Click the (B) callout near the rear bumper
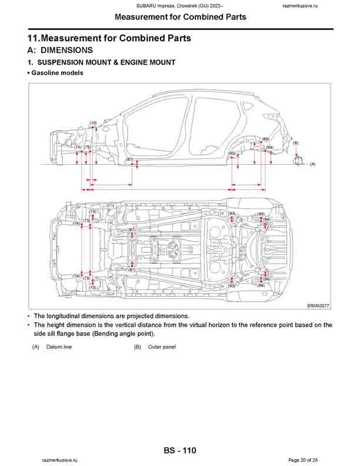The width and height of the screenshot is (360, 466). pyautogui.click(x=296, y=143)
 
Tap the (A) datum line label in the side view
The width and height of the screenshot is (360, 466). pyautogui.click(x=312, y=164)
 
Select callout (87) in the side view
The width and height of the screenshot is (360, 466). pyautogui.click(x=130, y=159)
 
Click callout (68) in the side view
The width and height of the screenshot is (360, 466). pyautogui.click(x=265, y=139)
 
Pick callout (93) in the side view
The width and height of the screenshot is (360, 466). pyautogui.click(x=232, y=153)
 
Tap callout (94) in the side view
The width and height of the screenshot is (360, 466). pyautogui.click(x=269, y=147)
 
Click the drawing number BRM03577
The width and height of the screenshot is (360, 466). pyautogui.click(x=318, y=305)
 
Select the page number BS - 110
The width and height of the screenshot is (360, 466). pyautogui.click(x=180, y=451)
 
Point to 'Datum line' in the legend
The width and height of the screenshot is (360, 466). pyautogui.click(x=59, y=347)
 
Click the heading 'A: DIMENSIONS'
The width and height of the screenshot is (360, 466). pyautogui.click(x=60, y=51)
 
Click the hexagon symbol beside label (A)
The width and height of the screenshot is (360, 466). pyautogui.click(x=298, y=160)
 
